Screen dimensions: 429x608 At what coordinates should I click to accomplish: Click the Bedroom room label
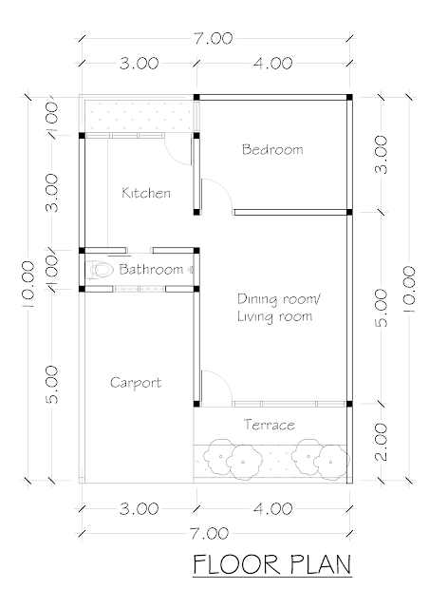272,150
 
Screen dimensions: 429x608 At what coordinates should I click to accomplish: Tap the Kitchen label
146,193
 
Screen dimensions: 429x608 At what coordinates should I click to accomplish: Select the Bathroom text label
151,269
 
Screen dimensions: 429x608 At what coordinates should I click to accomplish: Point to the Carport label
136,383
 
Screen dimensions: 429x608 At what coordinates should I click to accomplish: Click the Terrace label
270,425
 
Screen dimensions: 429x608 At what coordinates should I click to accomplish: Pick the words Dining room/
279,299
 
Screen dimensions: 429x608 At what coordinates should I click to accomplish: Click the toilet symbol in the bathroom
100,270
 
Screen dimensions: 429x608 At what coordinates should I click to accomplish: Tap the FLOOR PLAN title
272,564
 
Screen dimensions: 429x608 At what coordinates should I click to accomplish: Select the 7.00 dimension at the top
214,38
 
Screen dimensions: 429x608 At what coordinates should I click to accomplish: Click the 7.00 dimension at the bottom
209,534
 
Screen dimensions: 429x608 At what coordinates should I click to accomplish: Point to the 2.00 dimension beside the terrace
382,441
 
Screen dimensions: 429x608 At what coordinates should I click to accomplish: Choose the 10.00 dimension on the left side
28,284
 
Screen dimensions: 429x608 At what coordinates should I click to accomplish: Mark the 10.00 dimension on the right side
409,289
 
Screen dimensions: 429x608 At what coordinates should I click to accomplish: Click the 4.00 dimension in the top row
272,64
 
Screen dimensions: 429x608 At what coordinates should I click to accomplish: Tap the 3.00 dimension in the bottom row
140,509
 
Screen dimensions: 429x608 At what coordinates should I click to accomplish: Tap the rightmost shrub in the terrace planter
330,462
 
